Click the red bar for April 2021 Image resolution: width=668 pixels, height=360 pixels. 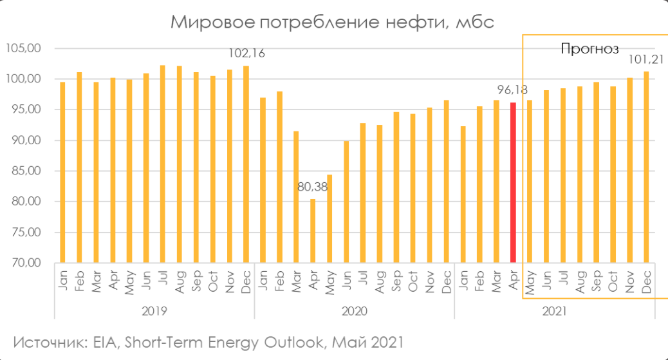[x=513, y=183]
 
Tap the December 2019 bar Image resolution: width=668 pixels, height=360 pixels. [x=246, y=164]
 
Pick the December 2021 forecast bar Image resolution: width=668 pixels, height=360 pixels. [x=646, y=167]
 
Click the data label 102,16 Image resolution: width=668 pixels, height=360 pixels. [x=248, y=52]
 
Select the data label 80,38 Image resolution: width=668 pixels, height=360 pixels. [x=313, y=187]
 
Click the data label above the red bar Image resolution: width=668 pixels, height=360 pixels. [x=512, y=91]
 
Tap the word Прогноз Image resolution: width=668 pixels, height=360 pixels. [x=589, y=48]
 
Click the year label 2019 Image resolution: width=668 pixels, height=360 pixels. [x=154, y=311]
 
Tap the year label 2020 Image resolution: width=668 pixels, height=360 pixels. [x=354, y=311]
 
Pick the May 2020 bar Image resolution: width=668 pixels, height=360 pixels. [x=329, y=219]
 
